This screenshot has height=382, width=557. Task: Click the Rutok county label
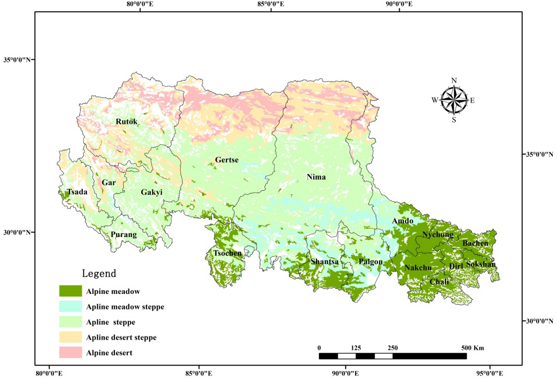127,122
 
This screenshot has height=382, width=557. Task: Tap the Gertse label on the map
227,160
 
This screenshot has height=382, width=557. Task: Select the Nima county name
316,177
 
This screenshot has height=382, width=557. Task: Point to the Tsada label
77,192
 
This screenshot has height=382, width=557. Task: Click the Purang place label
123,235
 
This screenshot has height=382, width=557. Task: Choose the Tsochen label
227,253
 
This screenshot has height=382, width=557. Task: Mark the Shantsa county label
324,261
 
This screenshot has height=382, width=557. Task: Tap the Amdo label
403,221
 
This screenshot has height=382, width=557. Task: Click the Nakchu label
418,268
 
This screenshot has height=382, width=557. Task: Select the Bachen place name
475,243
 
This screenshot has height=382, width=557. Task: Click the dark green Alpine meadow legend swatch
70,291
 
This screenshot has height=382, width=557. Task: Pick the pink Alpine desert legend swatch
70,352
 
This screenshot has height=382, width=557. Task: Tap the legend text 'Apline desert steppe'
121,337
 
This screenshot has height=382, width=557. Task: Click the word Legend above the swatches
99,274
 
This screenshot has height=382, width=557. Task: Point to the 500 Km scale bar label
472,348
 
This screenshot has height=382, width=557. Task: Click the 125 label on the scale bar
356,348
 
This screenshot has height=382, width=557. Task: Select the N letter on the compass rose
454,80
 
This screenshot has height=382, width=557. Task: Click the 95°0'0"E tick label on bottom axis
489,373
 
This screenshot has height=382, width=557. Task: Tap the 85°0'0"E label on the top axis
271,4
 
